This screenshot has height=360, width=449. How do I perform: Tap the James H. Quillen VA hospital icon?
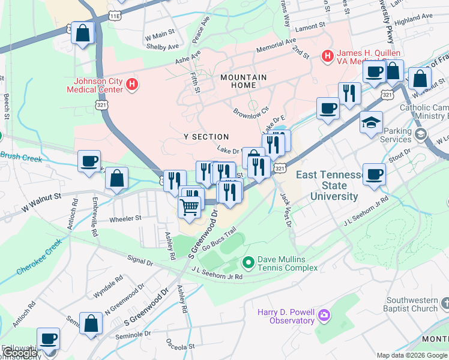point(328,56)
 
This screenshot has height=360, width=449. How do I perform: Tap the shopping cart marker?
point(190,207)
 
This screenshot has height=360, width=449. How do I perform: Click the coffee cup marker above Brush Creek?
point(89,161)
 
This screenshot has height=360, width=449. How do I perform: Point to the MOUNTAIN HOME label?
point(243,82)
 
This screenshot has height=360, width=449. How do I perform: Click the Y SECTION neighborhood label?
point(206,137)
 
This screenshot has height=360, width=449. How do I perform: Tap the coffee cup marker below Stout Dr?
point(374,175)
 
